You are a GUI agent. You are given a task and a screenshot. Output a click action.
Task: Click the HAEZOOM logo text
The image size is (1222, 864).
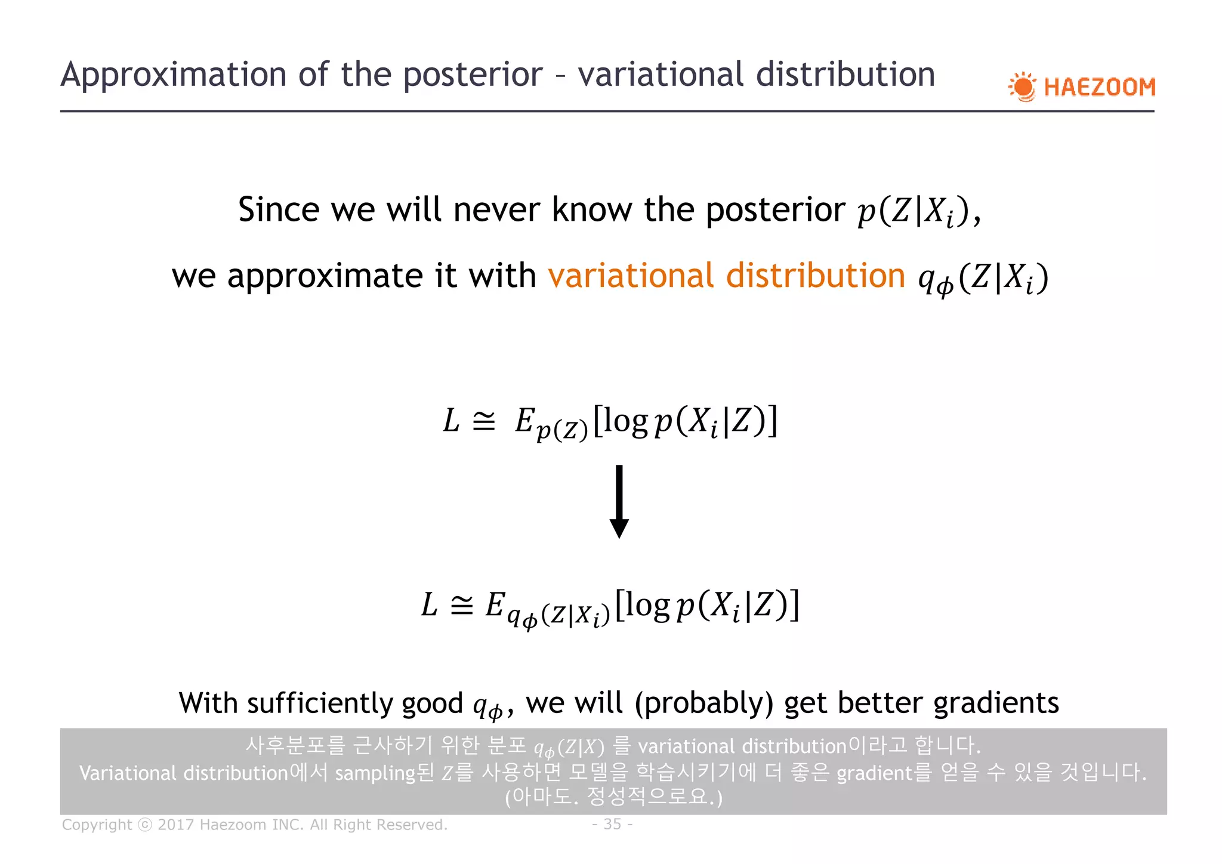1099,87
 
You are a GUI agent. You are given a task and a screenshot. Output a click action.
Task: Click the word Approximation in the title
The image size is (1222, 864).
174,75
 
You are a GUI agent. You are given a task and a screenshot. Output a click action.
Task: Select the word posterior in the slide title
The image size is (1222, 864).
473,75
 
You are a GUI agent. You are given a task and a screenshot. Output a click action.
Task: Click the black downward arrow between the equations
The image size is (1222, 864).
619,501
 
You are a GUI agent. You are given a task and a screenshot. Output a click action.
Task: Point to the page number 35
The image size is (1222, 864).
612,824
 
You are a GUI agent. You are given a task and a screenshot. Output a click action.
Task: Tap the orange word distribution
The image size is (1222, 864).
815,276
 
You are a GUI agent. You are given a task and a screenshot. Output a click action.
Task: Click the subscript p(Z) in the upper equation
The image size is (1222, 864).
561,430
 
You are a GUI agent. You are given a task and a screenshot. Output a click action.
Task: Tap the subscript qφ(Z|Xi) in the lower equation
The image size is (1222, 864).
558,615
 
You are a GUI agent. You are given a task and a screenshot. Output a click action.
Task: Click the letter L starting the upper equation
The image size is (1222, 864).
451,421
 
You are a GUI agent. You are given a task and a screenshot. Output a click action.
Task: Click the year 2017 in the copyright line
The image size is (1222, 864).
176,825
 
